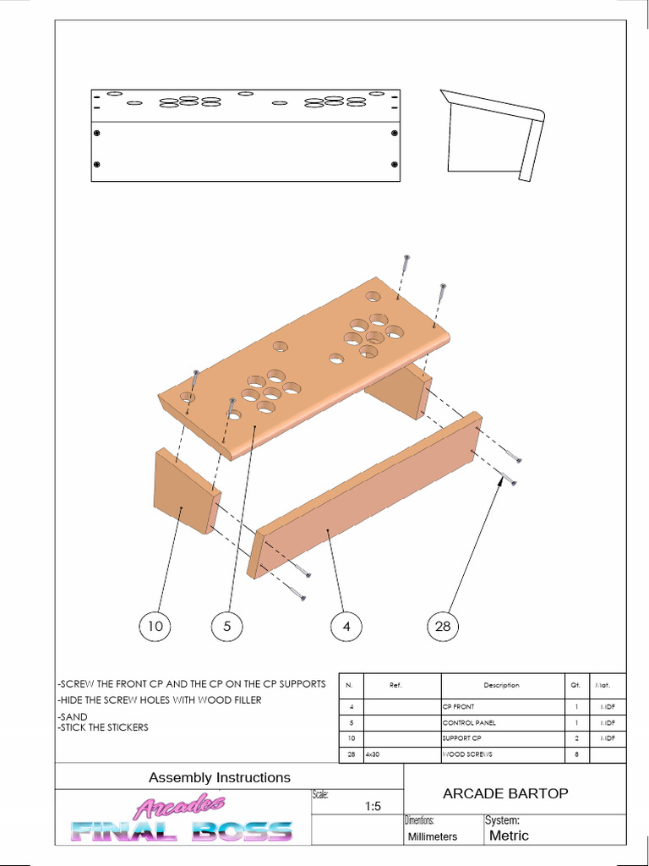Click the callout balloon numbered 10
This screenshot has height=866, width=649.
click(x=155, y=627)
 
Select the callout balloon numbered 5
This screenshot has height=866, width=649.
click(x=227, y=627)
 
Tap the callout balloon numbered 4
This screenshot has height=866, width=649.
click(x=346, y=627)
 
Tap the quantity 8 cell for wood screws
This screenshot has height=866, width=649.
click(x=575, y=754)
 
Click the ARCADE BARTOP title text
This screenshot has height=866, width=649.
click(x=505, y=793)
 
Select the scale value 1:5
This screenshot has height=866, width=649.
click(x=374, y=807)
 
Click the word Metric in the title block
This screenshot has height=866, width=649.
click(x=510, y=836)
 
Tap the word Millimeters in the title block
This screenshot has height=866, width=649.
click(x=432, y=836)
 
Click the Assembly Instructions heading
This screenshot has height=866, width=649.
click(x=219, y=777)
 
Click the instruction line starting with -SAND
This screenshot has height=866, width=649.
click(x=73, y=716)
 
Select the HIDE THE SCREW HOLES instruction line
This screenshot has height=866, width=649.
click(x=159, y=700)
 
